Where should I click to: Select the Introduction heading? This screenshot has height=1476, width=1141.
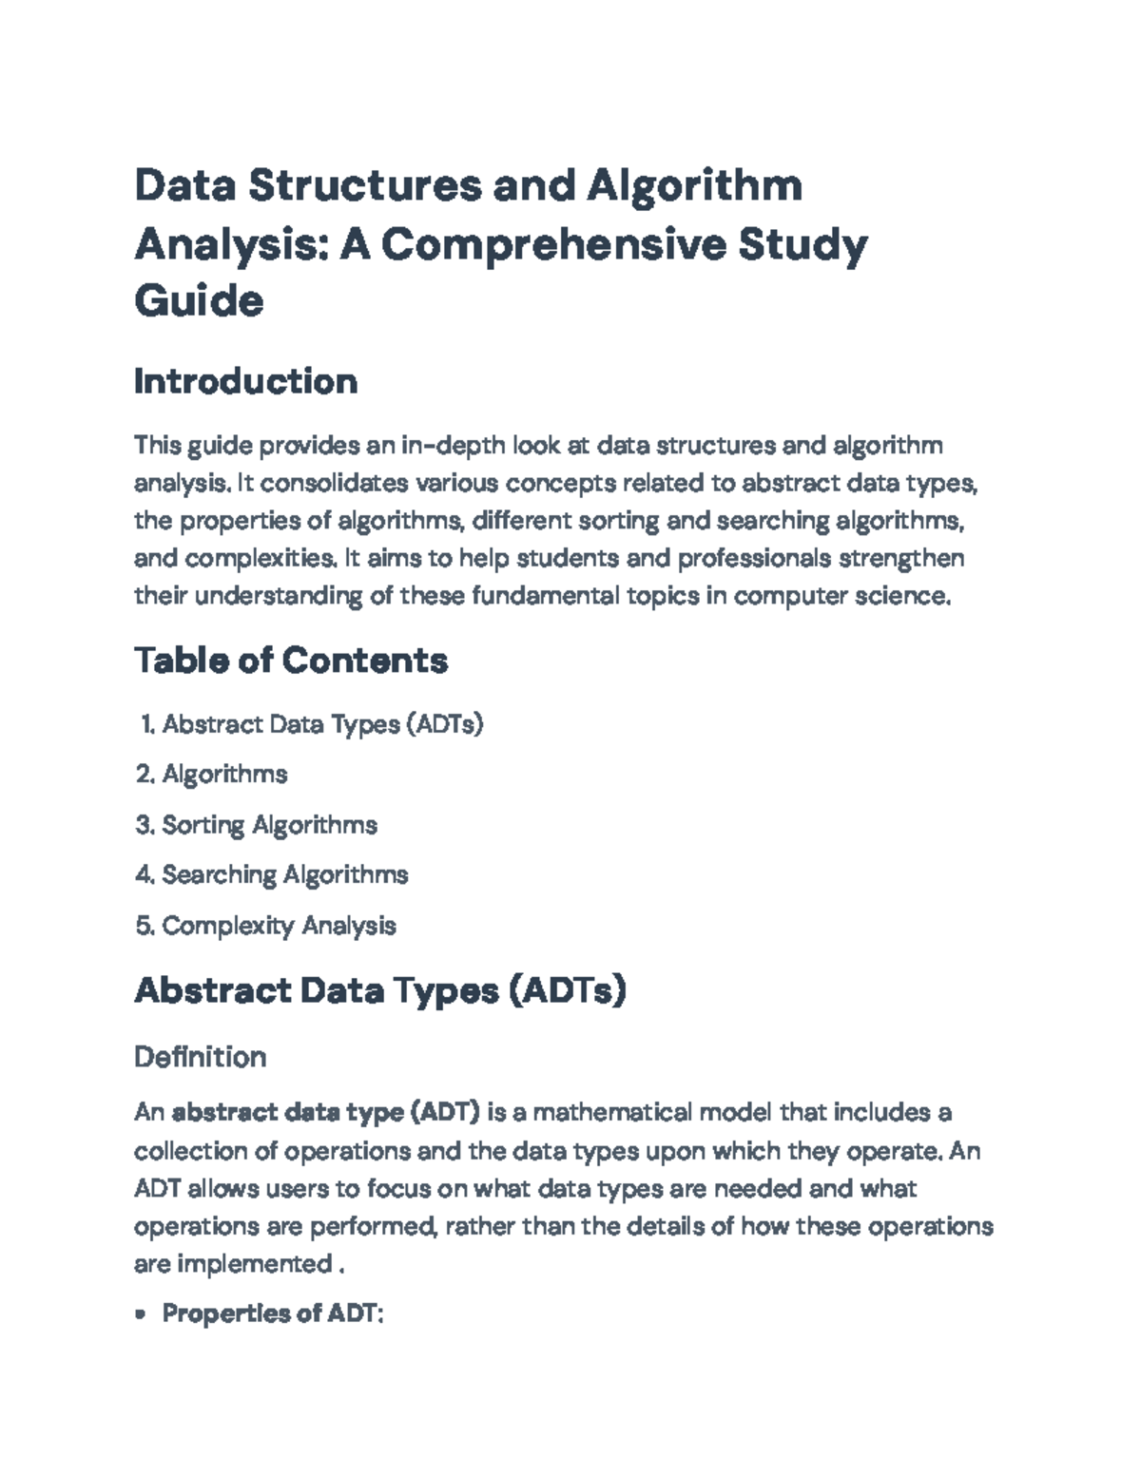(245, 381)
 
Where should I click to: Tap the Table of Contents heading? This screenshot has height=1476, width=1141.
(290, 660)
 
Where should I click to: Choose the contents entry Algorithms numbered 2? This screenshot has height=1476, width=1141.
(224, 774)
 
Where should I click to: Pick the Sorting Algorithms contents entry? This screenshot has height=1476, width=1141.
(269, 824)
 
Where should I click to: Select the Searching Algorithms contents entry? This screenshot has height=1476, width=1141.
(284, 874)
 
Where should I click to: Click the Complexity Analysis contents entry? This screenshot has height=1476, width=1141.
(279, 925)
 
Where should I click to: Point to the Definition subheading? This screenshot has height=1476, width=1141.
(200, 1057)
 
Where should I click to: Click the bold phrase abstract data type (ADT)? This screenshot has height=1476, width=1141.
(325, 1112)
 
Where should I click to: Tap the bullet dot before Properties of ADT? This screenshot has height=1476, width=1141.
(141, 1314)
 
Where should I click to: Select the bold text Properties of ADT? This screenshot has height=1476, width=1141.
(272, 1313)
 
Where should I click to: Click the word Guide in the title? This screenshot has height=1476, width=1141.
(199, 301)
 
